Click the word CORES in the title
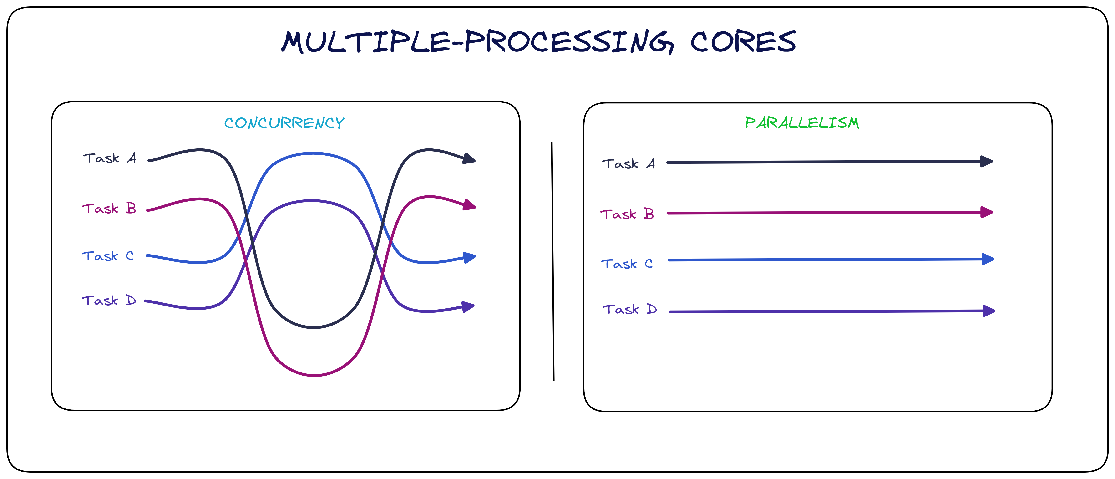(x=743, y=42)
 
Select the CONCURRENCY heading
(x=284, y=123)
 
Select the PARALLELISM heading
(x=802, y=123)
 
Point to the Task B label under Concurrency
(x=109, y=209)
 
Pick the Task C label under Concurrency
(x=108, y=256)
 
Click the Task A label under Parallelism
(x=628, y=164)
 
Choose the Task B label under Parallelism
(x=627, y=214)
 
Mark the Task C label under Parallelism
(x=627, y=264)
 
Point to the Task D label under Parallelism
(x=630, y=309)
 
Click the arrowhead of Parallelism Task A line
(x=986, y=162)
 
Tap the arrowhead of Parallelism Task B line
(x=986, y=212)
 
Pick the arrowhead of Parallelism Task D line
(x=989, y=311)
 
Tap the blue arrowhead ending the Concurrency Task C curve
(x=470, y=258)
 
